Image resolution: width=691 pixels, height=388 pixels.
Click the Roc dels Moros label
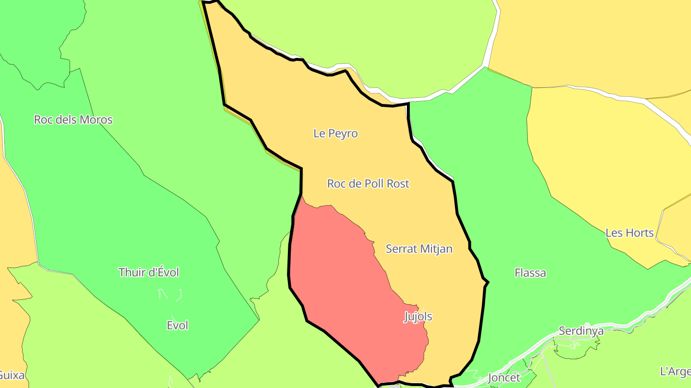tap(73, 120)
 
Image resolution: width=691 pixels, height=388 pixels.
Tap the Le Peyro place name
tap(335, 133)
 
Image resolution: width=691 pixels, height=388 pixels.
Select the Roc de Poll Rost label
tap(368, 183)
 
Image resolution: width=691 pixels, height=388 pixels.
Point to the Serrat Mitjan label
tap(419, 249)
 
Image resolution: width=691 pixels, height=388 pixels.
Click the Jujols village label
tap(418, 317)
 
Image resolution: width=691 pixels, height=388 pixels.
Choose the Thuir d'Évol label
tap(149, 273)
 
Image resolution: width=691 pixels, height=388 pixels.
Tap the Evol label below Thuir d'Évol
tap(177, 326)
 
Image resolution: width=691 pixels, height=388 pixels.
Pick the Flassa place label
tap(530, 273)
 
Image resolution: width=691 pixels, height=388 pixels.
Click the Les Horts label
tap(630, 233)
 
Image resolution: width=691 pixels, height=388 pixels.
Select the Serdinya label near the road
tap(581, 331)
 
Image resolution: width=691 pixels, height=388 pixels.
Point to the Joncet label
tap(504, 377)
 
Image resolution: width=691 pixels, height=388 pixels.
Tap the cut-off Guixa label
tap(12, 375)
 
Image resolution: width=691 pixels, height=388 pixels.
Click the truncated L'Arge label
tap(675, 371)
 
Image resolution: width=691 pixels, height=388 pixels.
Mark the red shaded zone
tap(345, 287)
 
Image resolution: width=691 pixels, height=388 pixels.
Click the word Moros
tap(96, 120)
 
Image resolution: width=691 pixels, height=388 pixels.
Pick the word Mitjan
tap(436, 249)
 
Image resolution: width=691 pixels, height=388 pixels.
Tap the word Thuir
tap(131, 273)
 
